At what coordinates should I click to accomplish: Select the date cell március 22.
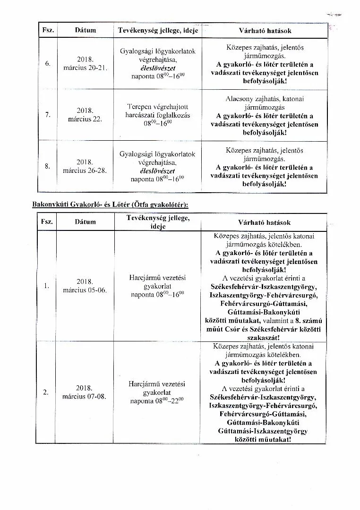(85, 115)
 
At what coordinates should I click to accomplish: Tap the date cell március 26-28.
(85, 166)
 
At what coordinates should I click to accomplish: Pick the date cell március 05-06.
(85, 285)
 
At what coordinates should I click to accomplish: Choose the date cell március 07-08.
(85, 391)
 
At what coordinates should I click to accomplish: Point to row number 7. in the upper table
(47, 115)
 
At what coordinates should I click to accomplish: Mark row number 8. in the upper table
(47, 166)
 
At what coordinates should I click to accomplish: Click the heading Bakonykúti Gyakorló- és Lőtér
(110, 204)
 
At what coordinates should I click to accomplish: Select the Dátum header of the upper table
(85, 30)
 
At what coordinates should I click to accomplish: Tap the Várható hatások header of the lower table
(265, 222)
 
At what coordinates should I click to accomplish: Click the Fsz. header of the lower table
(47, 222)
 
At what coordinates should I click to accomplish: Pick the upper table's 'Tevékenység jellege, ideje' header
(158, 30)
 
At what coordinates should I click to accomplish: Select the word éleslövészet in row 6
(157, 68)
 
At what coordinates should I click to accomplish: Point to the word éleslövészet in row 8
(157, 171)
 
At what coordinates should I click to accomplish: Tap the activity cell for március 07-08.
(157, 392)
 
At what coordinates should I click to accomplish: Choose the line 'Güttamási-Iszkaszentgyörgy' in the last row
(263, 431)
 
